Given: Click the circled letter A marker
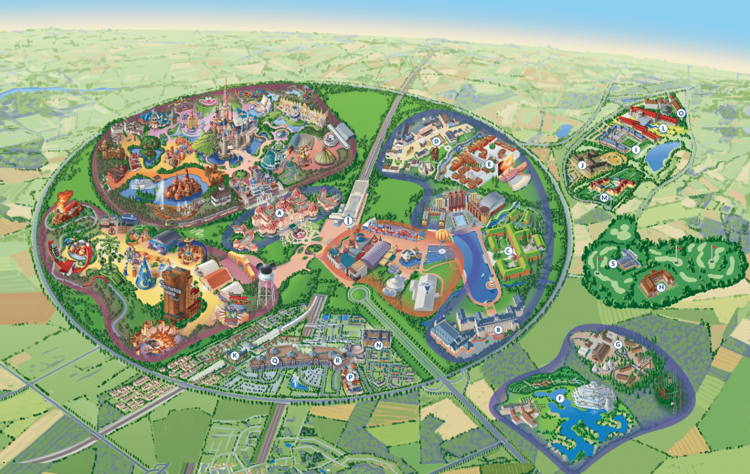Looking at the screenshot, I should (x=279, y=213).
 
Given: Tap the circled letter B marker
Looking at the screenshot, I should (x=498, y=330).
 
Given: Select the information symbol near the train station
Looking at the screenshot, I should (x=348, y=220).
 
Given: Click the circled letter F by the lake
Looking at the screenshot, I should (x=559, y=398).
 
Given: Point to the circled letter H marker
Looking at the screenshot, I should (x=661, y=287).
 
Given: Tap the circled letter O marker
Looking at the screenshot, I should (x=681, y=113).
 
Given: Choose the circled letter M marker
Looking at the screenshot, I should (x=604, y=197).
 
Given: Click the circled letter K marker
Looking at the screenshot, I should (x=234, y=355).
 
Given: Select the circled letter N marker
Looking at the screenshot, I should (x=378, y=345).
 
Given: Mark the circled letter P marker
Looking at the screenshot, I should (x=350, y=377).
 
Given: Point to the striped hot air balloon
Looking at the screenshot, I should (x=442, y=235).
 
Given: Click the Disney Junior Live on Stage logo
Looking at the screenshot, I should (x=238, y=299).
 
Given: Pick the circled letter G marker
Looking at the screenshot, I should (x=618, y=344).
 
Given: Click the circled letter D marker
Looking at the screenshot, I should (x=436, y=141).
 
